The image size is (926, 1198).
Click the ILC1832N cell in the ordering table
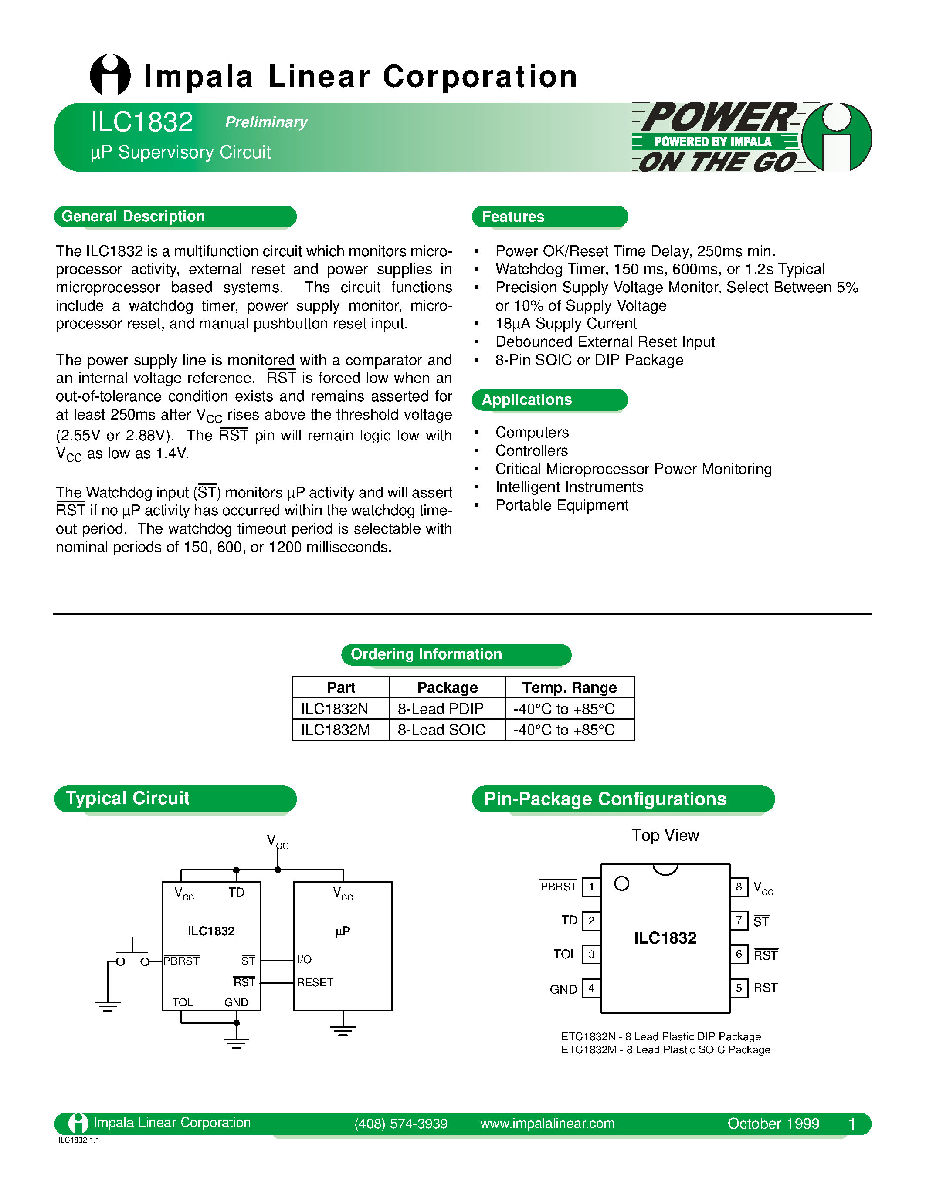335,709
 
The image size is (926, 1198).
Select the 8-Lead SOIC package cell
441,730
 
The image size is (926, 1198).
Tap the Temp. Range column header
570,687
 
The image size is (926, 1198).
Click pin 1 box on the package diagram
591,887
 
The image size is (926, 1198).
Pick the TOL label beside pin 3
565,954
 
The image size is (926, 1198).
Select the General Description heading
133,216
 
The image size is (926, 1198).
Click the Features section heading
513,217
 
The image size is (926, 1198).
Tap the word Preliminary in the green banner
266,122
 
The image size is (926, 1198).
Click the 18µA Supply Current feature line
566,324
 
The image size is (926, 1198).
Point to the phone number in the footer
401,1124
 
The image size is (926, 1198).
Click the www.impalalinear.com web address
547,1124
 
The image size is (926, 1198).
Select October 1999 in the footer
773,1124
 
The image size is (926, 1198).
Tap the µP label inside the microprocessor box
343,931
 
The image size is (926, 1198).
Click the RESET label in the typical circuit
315,982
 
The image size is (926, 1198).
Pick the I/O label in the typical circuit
305,959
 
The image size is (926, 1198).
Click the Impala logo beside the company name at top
110,75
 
